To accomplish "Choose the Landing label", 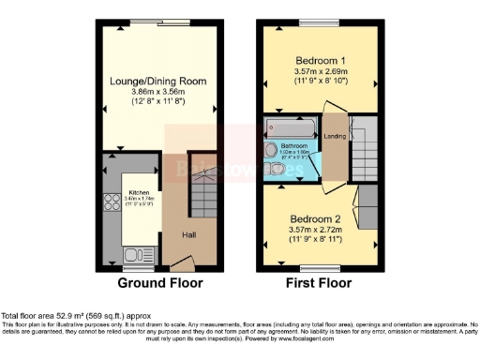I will (335, 138).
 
